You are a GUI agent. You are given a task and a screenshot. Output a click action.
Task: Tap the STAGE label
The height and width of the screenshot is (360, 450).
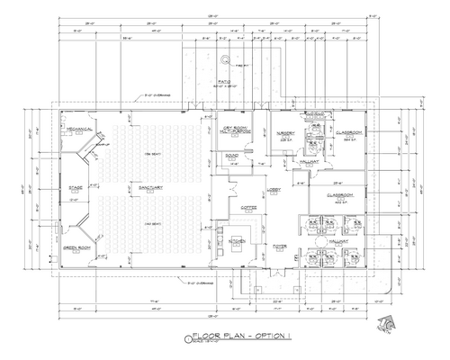click(x=76, y=188)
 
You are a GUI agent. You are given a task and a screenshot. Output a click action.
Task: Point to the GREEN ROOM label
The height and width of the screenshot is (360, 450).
click(x=77, y=247)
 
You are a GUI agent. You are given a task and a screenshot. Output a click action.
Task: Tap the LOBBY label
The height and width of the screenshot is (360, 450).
click(x=275, y=190)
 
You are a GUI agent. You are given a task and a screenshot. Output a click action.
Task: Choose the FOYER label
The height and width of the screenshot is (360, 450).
click(x=280, y=244)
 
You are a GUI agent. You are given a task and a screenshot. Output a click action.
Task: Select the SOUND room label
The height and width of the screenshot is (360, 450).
click(x=232, y=155)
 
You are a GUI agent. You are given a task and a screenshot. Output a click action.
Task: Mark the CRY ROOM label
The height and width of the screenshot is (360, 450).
click(x=235, y=130)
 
